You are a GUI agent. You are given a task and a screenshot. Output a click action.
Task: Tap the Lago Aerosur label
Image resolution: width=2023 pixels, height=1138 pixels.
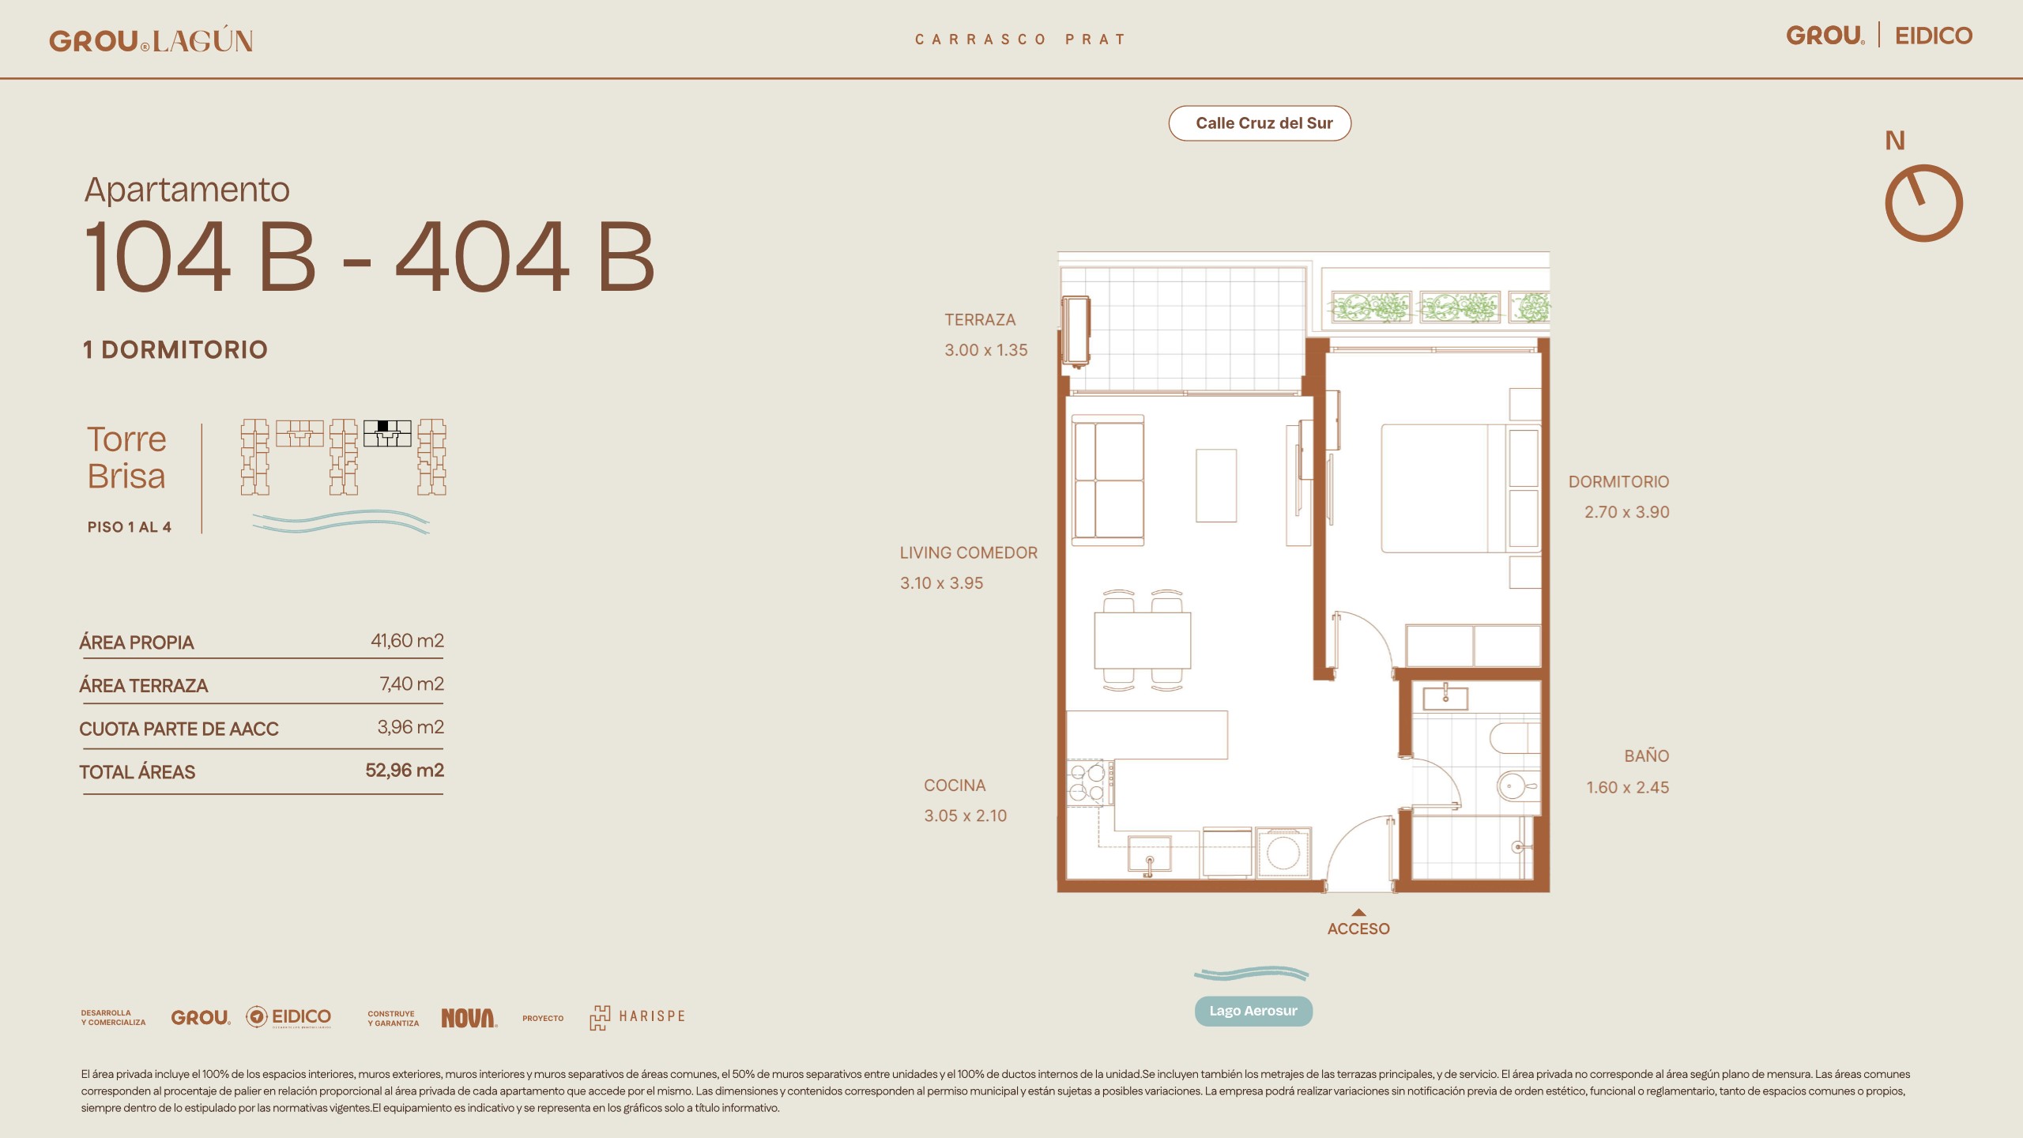(1253, 1011)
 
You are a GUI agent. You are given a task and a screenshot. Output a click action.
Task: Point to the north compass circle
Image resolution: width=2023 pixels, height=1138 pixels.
(1923, 203)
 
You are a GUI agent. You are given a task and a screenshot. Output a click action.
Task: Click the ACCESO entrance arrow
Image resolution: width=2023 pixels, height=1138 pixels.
(1358, 912)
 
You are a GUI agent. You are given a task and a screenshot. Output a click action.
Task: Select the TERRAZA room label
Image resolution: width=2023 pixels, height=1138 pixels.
(980, 320)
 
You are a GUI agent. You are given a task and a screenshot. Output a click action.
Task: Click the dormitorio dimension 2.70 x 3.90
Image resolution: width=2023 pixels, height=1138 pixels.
(1626, 512)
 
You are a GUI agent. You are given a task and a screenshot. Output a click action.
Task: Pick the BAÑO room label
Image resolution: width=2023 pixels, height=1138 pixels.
(1647, 756)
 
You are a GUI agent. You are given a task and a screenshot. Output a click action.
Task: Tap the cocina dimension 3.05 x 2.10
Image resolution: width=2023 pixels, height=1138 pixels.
(966, 816)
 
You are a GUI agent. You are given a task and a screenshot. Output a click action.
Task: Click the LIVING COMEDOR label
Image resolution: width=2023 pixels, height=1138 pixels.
(969, 553)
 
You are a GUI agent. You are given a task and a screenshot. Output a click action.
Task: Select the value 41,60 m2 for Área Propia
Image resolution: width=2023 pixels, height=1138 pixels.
(407, 640)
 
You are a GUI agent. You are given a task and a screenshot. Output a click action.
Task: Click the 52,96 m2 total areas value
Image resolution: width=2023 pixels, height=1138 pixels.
(405, 770)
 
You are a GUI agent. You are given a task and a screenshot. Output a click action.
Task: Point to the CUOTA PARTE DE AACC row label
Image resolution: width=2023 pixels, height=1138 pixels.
(179, 729)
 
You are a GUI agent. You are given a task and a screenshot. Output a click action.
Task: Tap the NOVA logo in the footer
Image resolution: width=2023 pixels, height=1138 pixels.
(469, 1018)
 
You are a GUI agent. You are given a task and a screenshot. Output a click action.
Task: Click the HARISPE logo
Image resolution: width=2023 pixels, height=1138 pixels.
(637, 1017)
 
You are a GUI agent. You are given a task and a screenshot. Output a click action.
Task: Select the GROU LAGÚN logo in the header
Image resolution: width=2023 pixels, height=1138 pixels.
(151, 40)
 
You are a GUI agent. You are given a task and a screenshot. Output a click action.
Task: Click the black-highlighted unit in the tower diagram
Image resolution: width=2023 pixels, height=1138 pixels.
(383, 426)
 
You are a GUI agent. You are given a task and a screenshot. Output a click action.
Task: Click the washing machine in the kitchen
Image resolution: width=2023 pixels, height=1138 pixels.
(1283, 852)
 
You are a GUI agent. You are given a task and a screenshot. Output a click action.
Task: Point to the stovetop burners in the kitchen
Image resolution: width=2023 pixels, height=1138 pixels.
(1088, 782)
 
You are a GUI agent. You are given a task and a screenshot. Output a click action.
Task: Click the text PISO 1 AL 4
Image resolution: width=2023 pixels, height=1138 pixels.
(130, 527)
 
